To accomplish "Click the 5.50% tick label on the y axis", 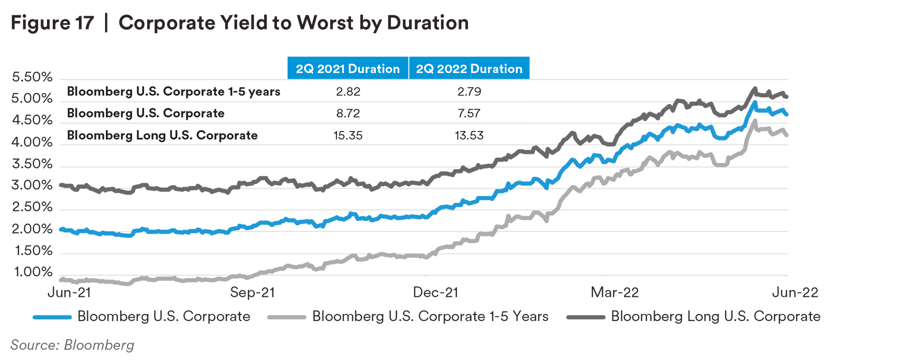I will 32,77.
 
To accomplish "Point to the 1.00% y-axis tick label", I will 33,272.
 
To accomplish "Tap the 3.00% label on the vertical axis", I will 32,185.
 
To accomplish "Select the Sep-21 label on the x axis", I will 252,292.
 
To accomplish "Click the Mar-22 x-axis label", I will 614,292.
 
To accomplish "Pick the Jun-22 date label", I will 795,292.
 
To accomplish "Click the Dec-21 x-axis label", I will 435,292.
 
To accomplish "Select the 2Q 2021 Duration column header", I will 348,69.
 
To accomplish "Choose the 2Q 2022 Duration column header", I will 469,69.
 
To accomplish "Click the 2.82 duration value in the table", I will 348,91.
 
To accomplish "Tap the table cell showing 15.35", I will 348,135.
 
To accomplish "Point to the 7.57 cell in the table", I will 469,114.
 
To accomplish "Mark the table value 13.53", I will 469,135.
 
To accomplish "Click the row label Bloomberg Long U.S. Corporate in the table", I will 162,135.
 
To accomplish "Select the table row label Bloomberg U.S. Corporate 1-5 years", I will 173,91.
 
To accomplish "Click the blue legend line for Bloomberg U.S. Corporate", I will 52,317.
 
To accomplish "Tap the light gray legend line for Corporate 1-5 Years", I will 287,317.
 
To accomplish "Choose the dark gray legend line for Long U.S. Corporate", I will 586,317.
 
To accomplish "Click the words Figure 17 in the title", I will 52,23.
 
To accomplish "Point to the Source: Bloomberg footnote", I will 72,345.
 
